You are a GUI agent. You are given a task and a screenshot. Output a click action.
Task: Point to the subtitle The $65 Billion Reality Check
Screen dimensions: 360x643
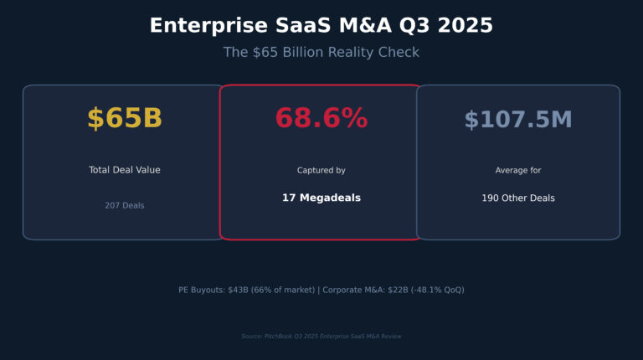tap(321, 52)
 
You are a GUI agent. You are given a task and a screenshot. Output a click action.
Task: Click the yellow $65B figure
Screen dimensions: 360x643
tap(124, 119)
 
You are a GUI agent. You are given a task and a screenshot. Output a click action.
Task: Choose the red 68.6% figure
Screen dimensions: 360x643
tap(321, 119)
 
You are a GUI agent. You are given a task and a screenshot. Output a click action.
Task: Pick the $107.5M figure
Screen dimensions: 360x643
tap(517, 120)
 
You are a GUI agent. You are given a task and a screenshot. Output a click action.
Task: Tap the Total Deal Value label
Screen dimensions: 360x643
tap(124, 170)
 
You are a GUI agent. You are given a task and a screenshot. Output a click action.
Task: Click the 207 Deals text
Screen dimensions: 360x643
tap(124, 206)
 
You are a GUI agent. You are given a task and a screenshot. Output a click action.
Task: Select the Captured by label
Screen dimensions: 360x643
tap(321, 171)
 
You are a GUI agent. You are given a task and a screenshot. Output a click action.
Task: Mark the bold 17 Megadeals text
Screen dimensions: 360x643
tap(321, 198)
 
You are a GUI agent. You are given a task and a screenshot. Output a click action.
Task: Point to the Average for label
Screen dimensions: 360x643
tap(517, 171)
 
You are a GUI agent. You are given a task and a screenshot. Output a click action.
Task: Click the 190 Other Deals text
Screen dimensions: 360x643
tap(517, 198)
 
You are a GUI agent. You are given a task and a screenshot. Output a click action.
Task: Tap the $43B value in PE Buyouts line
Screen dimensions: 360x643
tap(239, 290)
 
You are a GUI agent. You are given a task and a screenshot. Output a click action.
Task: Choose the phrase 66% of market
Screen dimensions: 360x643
tap(283, 290)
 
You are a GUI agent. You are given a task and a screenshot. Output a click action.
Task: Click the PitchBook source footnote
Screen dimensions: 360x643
tap(321, 337)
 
